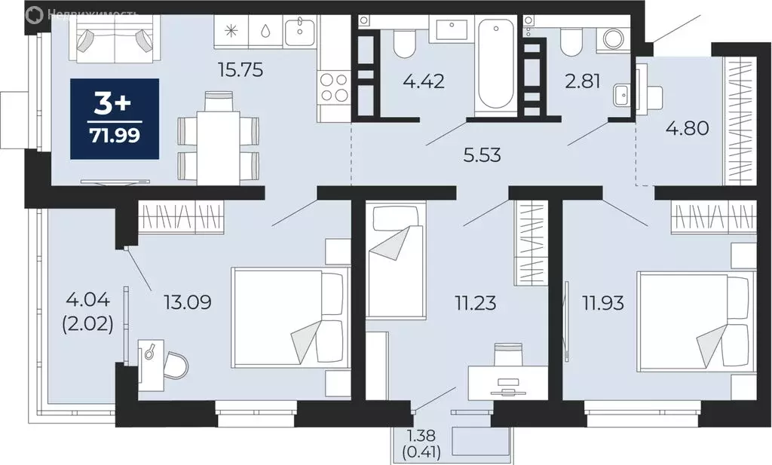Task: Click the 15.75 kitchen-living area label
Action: [x=238, y=70]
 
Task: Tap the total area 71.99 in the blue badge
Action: [x=114, y=136]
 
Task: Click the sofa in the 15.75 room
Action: [x=114, y=38]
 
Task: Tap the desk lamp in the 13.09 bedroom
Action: [x=153, y=350]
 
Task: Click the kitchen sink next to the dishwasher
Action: [x=305, y=31]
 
